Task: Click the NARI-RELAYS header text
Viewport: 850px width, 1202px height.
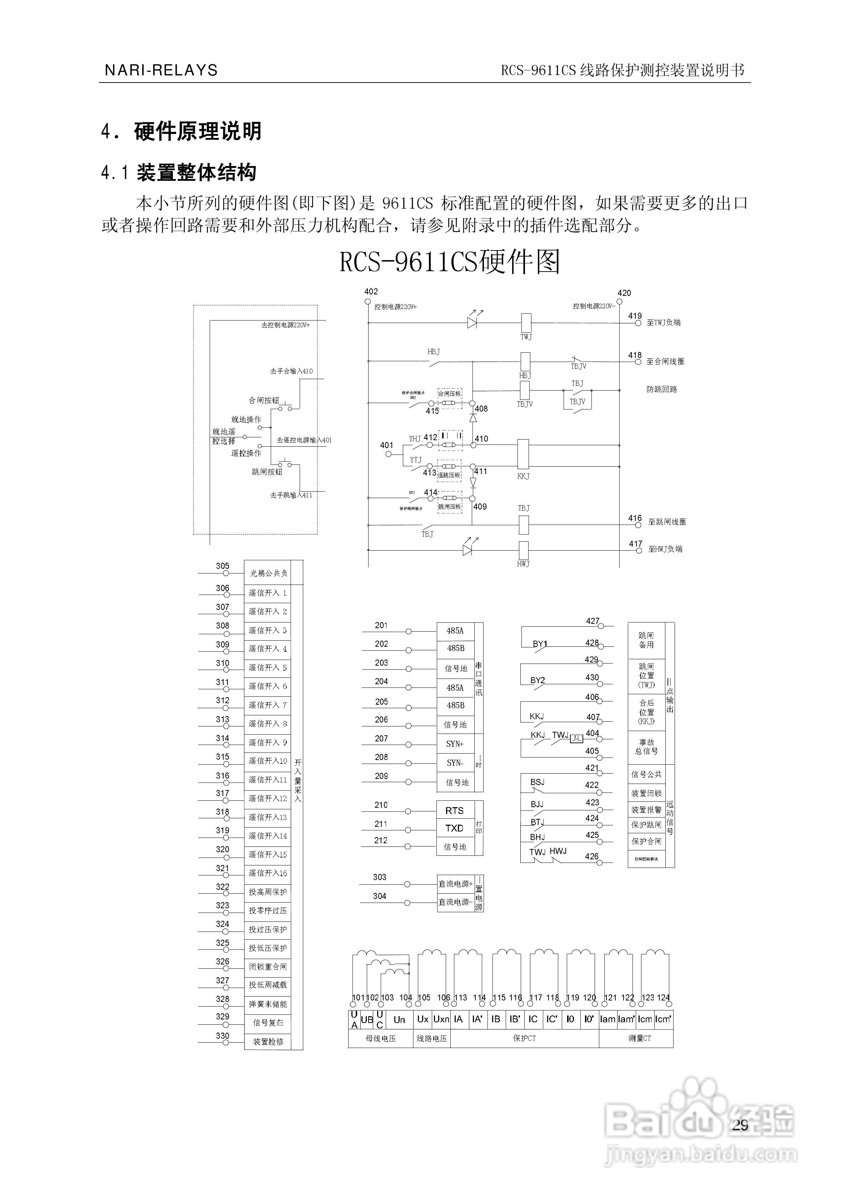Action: tap(161, 70)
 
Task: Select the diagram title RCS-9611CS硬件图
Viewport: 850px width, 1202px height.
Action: tap(450, 262)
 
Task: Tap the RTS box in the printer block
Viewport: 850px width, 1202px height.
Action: tap(454, 810)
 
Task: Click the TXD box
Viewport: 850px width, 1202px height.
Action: tap(454, 828)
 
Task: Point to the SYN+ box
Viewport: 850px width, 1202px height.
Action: tap(454, 744)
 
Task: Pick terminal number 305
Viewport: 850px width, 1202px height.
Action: tap(222, 566)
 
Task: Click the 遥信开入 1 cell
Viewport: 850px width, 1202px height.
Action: tap(267, 593)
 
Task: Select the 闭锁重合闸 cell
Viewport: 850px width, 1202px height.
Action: tap(267, 967)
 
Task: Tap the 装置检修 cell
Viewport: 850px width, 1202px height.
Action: tap(267, 1041)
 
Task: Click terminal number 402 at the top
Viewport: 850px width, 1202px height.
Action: tap(371, 292)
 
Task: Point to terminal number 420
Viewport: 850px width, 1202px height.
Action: tap(624, 293)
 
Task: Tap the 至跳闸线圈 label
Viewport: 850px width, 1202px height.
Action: tap(667, 522)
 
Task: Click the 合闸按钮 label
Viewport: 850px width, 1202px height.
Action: tap(264, 401)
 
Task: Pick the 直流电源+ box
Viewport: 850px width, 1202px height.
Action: tap(455, 884)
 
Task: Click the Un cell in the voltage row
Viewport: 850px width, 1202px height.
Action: tap(399, 1019)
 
